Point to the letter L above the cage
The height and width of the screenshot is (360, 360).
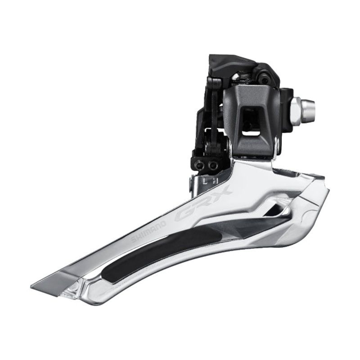tap(204, 181)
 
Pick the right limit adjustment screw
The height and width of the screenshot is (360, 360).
tap(212, 165)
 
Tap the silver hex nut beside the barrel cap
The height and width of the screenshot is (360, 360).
tap(295, 108)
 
